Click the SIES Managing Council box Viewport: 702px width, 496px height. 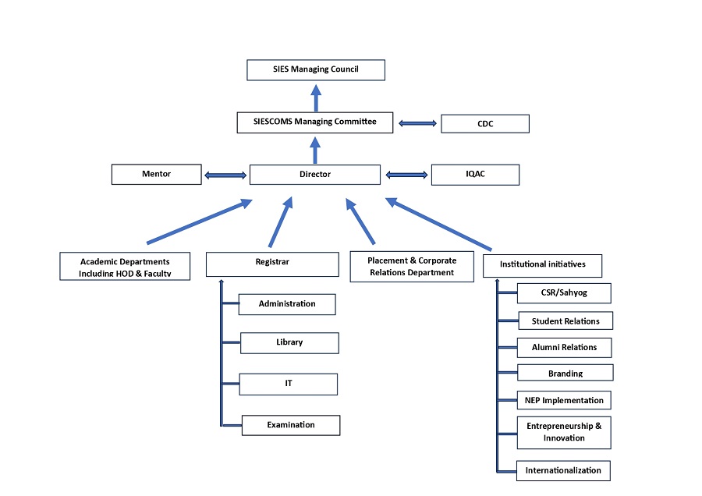[x=316, y=70]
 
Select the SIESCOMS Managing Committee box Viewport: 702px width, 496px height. [x=315, y=122]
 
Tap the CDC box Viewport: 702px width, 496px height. [x=484, y=123]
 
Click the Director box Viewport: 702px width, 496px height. [x=315, y=175]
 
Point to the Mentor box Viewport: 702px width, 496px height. [x=157, y=174]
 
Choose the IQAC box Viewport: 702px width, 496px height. [x=475, y=174]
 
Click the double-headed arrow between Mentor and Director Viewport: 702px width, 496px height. [x=225, y=175]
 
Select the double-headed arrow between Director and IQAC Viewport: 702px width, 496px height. [x=406, y=175]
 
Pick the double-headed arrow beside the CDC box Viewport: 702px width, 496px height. [x=417, y=122]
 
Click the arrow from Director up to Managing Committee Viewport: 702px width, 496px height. [x=315, y=150]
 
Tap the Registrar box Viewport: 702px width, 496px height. [x=272, y=264]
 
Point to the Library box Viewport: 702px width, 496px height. [x=289, y=342]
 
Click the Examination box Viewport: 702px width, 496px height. [x=291, y=425]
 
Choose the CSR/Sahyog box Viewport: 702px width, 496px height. [x=563, y=293]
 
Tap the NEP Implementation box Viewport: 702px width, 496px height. [x=563, y=400]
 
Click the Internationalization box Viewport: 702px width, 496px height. [x=563, y=470]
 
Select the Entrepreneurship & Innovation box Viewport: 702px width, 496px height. [x=563, y=432]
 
